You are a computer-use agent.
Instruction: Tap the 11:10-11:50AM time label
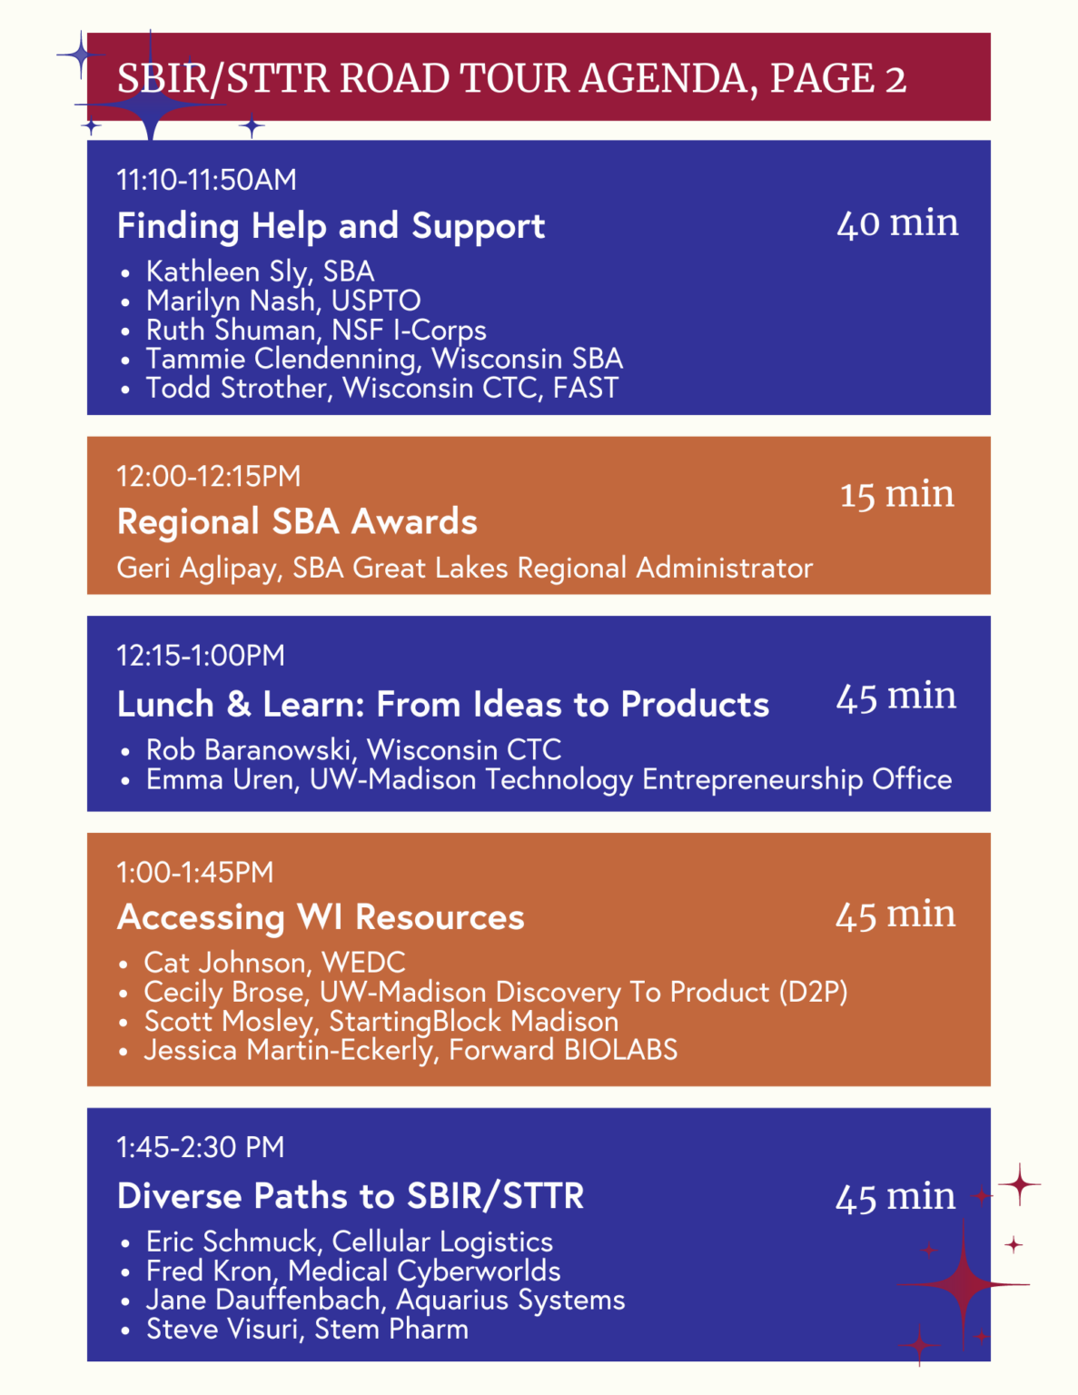click(206, 180)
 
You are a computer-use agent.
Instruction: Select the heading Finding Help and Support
click(331, 225)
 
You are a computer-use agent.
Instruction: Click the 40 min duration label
click(897, 223)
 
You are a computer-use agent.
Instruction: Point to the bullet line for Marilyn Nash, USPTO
click(283, 301)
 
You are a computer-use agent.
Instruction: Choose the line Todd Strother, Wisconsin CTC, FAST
click(381, 388)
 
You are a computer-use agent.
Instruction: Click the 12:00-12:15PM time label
click(208, 476)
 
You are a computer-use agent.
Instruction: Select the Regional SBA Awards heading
click(297, 521)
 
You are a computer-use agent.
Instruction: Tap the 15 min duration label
click(896, 494)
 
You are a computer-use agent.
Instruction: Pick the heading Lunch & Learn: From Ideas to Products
click(442, 704)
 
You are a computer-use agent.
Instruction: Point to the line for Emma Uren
click(549, 779)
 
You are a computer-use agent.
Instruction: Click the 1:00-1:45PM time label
click(194, 873)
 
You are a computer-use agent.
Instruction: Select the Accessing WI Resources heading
click(321, 917)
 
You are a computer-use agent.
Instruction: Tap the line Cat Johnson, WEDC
click(274, 963)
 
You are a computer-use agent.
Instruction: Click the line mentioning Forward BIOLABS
click(410, 1050)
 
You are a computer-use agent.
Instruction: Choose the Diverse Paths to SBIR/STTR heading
click(351, 1196)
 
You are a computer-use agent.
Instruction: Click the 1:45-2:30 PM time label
click(200, 1147)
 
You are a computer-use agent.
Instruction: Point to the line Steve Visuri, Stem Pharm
click(307, 1330)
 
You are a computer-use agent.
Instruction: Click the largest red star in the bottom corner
click(963, 1284)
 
